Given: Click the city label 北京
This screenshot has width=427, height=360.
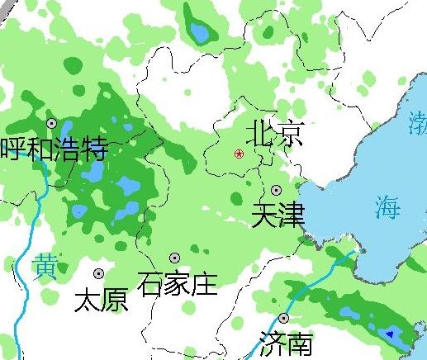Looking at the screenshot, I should (276, 133).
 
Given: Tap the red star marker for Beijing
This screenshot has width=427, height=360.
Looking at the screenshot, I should (240, 154).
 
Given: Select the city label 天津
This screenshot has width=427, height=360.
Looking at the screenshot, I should (278, 216).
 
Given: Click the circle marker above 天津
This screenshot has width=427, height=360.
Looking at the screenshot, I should (276, 190).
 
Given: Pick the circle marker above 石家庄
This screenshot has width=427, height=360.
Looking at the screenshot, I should (174, 258).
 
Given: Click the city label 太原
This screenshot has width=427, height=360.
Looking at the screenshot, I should (102, 300).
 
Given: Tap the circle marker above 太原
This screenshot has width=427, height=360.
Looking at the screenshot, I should (99, 273).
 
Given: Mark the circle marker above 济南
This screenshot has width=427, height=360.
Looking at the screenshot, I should (284, 318).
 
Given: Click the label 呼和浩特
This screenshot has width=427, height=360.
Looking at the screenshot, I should (55, 149).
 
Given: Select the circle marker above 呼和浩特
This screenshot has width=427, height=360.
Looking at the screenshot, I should (52, 123).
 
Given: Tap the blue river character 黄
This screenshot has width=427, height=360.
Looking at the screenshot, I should (45, 267).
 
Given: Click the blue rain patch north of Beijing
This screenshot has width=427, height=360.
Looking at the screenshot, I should (200, 33).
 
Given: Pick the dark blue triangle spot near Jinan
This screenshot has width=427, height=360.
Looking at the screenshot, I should (390, 334).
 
